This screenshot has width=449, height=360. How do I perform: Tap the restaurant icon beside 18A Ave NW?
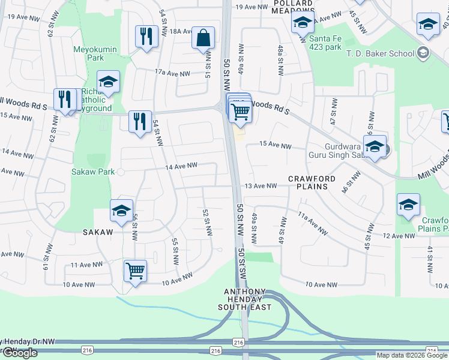146,37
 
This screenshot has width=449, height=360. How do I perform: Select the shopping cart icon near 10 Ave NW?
135,271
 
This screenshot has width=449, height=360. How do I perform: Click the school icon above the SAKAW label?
121,211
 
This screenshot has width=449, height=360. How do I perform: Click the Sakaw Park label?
93,172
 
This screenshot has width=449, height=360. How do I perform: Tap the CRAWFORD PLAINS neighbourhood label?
308,182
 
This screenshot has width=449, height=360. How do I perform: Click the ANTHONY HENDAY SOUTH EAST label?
248,299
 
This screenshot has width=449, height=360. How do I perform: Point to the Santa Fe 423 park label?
325,43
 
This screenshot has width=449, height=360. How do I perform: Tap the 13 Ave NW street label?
260,186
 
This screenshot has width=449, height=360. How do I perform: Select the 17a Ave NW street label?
172,72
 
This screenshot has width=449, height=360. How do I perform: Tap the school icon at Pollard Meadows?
303,23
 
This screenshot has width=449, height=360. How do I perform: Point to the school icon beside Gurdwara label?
375,147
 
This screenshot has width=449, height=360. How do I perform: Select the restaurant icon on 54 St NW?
140,122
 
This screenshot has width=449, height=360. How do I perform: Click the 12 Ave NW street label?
399,236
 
